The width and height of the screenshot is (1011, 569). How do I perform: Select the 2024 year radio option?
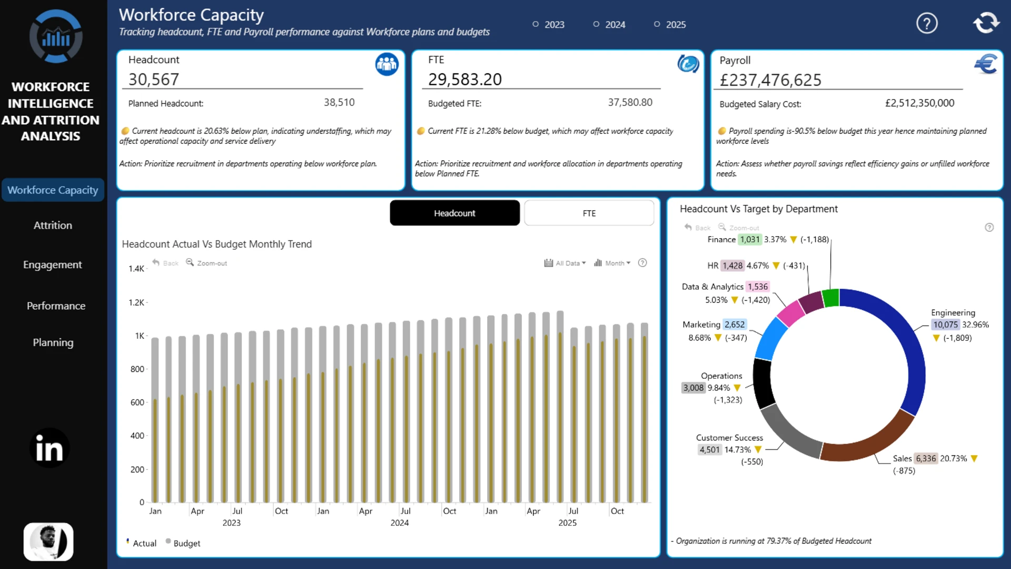click(609, 24)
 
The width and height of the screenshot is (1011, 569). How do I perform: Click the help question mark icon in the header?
click(927, 23)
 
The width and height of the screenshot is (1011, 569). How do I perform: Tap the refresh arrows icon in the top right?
click(986, 23)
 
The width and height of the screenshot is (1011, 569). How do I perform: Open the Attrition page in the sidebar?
click(53, 225)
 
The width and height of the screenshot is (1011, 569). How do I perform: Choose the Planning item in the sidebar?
click(53, 342)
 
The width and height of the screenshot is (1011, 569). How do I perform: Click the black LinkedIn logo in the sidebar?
click(49, 448)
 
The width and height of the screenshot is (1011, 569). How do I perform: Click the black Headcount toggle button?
click(454, 213)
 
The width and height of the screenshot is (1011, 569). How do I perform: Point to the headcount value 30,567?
click(154, 80)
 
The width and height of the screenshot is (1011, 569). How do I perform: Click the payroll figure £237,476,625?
click(770, 80)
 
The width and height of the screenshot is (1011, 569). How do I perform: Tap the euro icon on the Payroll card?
click(986, 64)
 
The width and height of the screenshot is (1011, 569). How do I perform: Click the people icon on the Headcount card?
click(386, 64)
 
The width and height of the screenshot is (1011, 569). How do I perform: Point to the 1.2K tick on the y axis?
click(136, 302)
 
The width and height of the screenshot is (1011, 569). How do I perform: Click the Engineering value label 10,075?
click(946, 325)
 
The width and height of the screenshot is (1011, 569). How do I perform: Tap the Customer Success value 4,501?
click(709, 449)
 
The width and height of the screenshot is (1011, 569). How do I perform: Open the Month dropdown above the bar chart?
click(612, 263)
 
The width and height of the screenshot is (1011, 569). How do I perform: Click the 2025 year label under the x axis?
click(567, 523)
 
